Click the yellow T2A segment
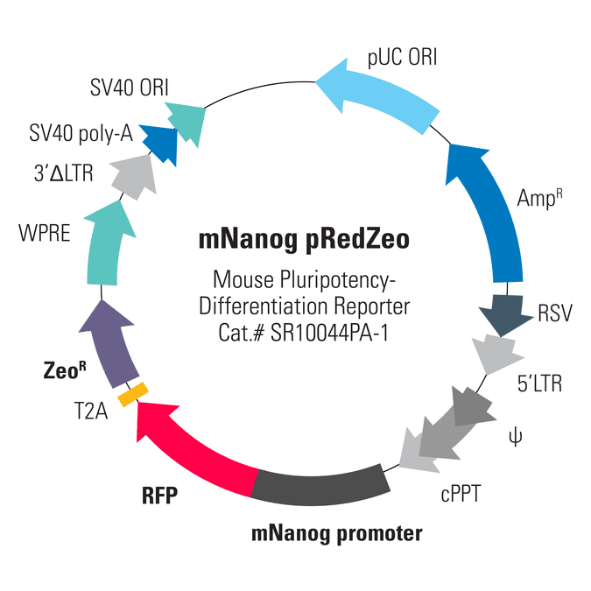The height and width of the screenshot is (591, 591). coord(133,394)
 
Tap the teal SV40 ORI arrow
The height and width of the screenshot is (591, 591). coord(187,123)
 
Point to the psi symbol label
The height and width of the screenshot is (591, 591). coord(515,437)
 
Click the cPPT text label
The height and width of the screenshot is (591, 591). coord(461,494)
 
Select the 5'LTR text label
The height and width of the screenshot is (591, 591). coord(539,383)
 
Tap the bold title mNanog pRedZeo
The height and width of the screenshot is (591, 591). coord(304,240)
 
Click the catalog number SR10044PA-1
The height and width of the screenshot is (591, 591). coord(329,333)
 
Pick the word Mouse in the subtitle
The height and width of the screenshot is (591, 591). coord(243,279)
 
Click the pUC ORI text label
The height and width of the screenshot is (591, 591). coord(402,57)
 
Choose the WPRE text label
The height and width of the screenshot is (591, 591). coord(45,233)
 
